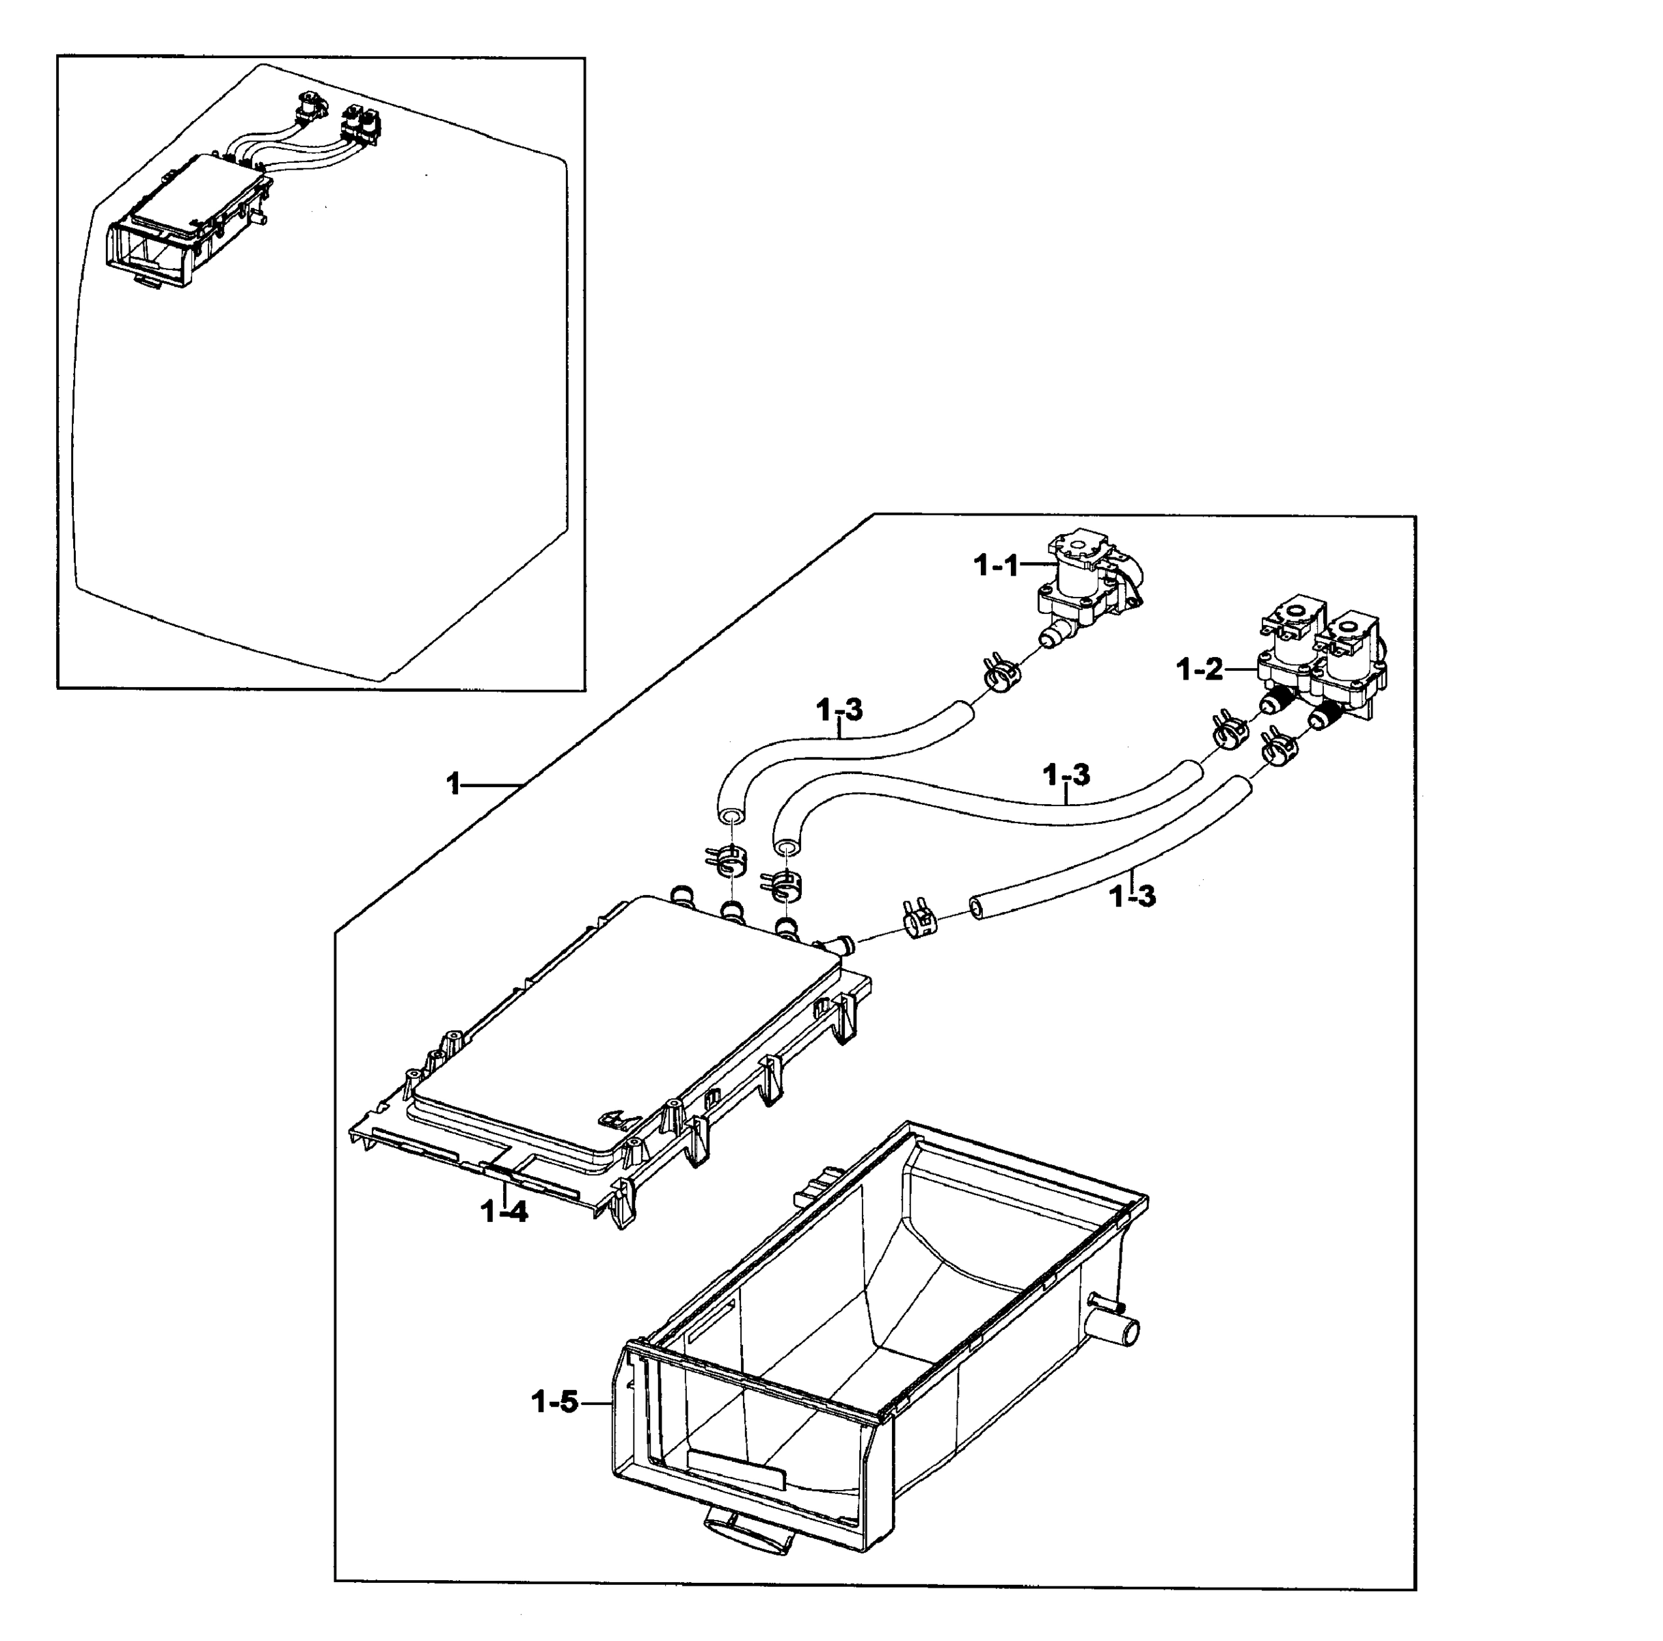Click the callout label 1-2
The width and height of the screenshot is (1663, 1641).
pos(1199,668)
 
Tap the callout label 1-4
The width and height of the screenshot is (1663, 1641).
pos(504,1212)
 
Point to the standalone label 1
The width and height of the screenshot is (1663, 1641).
pos(454,784)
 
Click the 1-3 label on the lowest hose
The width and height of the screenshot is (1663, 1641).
pos(1132,896)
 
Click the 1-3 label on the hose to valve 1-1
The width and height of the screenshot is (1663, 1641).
pos(839,710)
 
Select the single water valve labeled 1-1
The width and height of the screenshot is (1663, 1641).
pos(1089,585)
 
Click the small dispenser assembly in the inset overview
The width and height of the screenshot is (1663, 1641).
pos(185,219)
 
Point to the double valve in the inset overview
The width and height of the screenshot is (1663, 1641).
pos(362,122)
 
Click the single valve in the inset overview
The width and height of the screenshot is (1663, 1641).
pos(308,107)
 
